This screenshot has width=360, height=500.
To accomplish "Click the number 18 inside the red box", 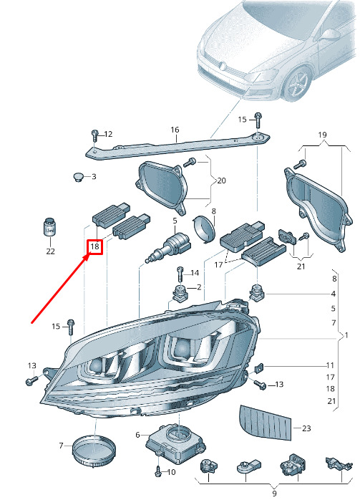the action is [x=94, y=246].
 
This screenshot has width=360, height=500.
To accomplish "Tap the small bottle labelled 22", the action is [x=49, y=227].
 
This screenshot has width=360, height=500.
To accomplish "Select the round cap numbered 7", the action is [x=94, y=451].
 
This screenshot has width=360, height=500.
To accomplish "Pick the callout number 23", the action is [x=306, y=428].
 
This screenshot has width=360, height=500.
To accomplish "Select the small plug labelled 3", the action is [x=77, y=176].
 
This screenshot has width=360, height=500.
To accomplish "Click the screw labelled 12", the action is [x=94, y=137].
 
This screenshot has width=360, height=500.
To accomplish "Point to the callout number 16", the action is [x=175, y=130].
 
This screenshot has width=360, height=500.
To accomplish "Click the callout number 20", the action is [x=221, y=181].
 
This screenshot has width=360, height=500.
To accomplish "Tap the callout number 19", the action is [x=322, y=135].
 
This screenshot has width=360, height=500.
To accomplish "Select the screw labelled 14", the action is [x=180, y=274].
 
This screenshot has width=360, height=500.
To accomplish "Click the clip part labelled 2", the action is [x=180, y=293].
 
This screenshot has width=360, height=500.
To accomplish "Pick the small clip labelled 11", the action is [x=259, y=368].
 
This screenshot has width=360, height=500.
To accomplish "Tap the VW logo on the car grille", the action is [x=223, y=67].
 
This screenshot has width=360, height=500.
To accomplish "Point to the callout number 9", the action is [x=274, y=494].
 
